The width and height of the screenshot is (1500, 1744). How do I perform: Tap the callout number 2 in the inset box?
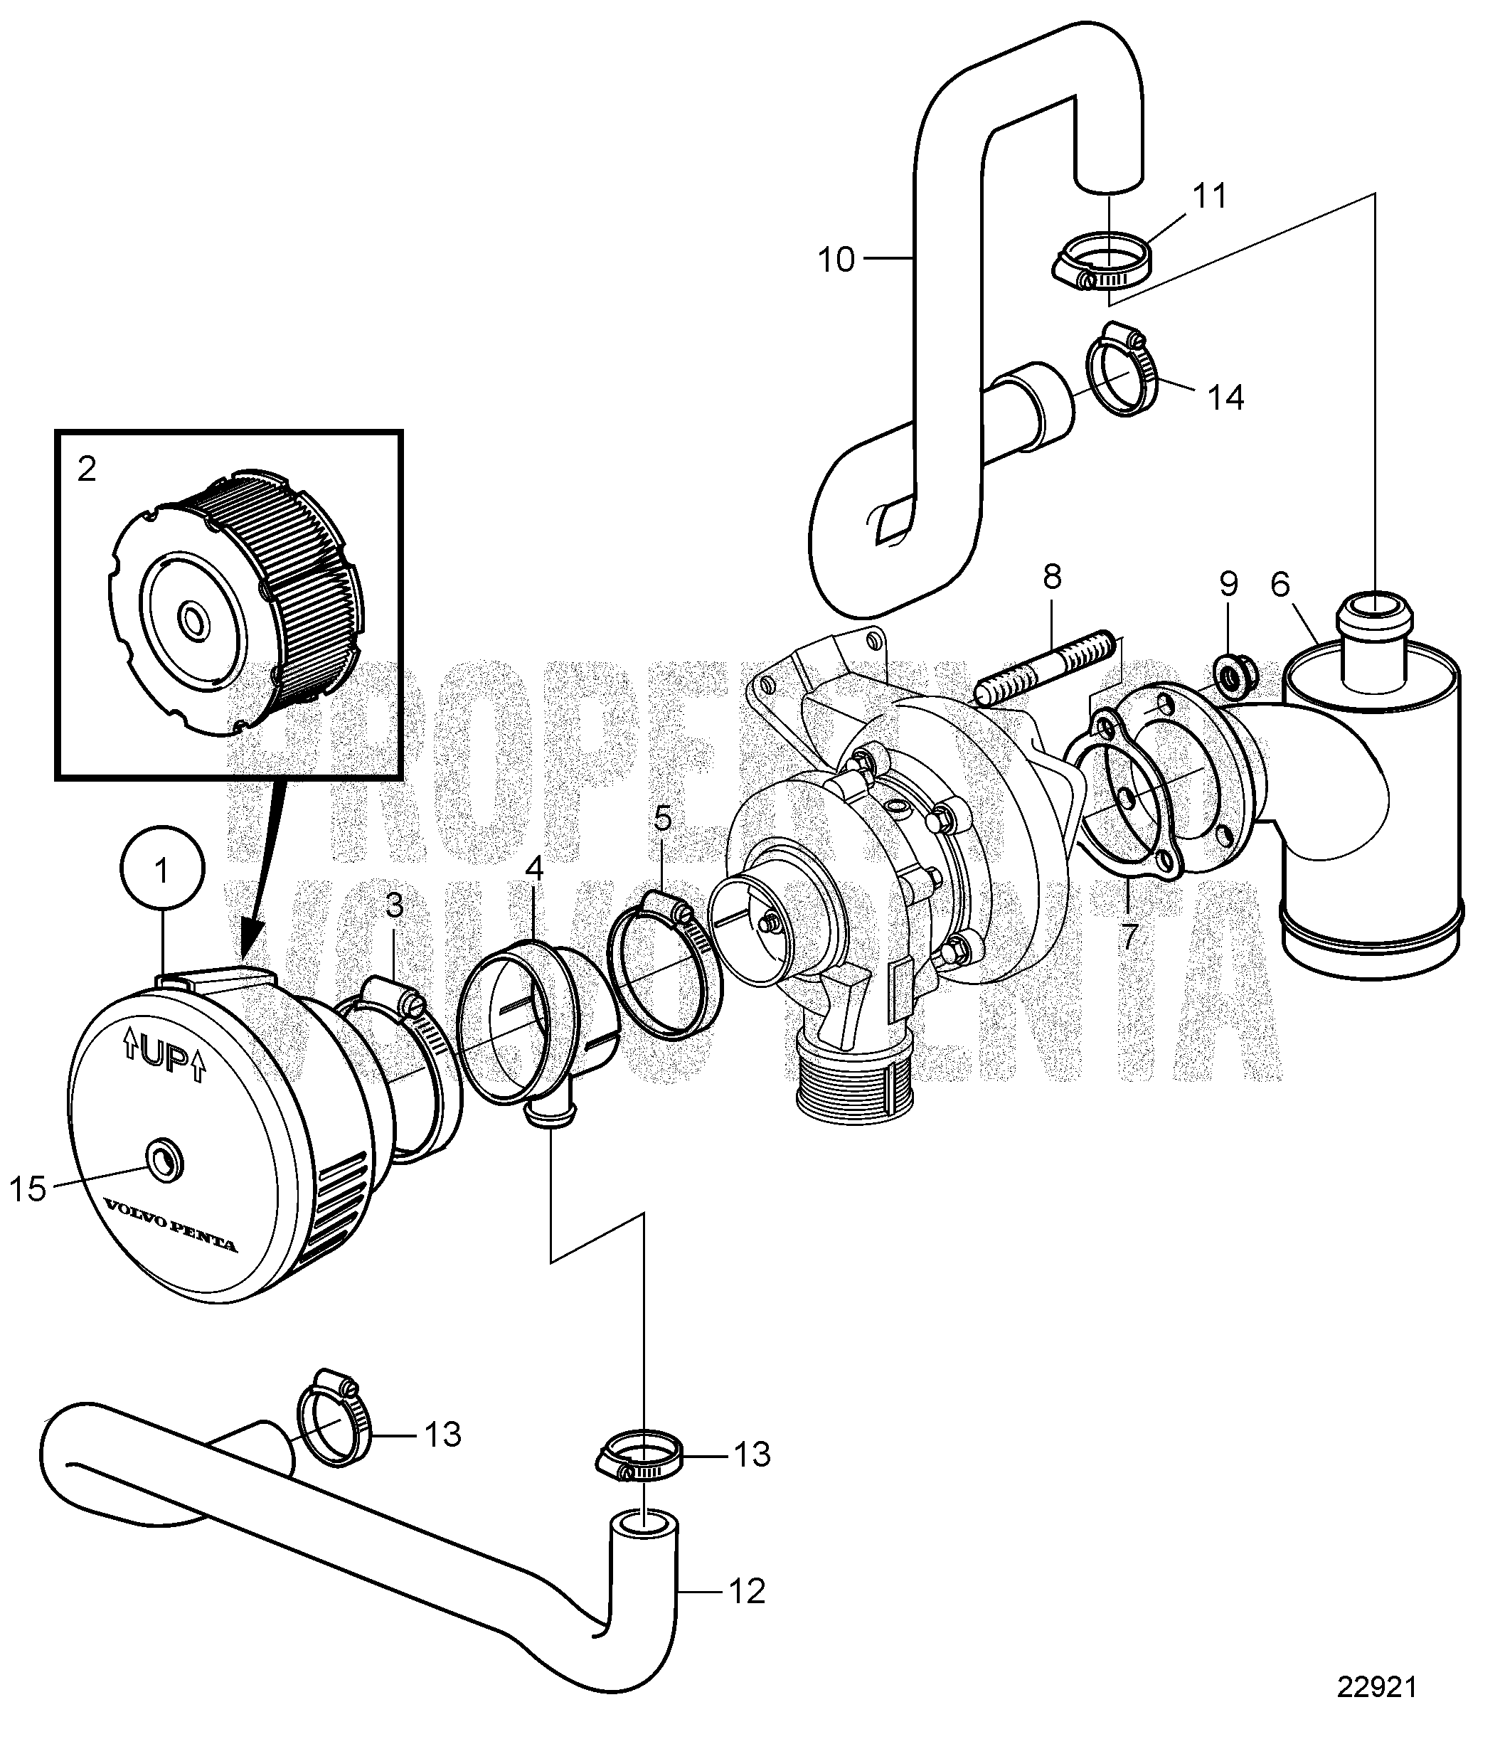coord(87,469)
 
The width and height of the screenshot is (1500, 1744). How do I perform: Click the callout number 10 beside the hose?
coord(836,260)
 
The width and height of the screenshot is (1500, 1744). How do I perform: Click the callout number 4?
coord(533,869)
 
